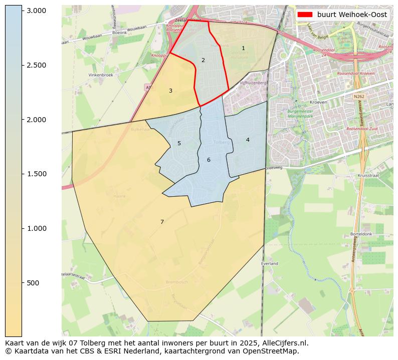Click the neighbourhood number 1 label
(243, 49)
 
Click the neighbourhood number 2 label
(203, 61)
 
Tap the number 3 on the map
(170, 91)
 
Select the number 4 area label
(248, 140)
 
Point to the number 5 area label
(179, 144)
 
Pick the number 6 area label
(209, 160)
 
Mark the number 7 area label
(162, 222)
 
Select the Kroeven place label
(319, 102)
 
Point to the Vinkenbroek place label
(101, 75)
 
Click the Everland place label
(270, 263)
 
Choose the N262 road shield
(359, 96)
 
